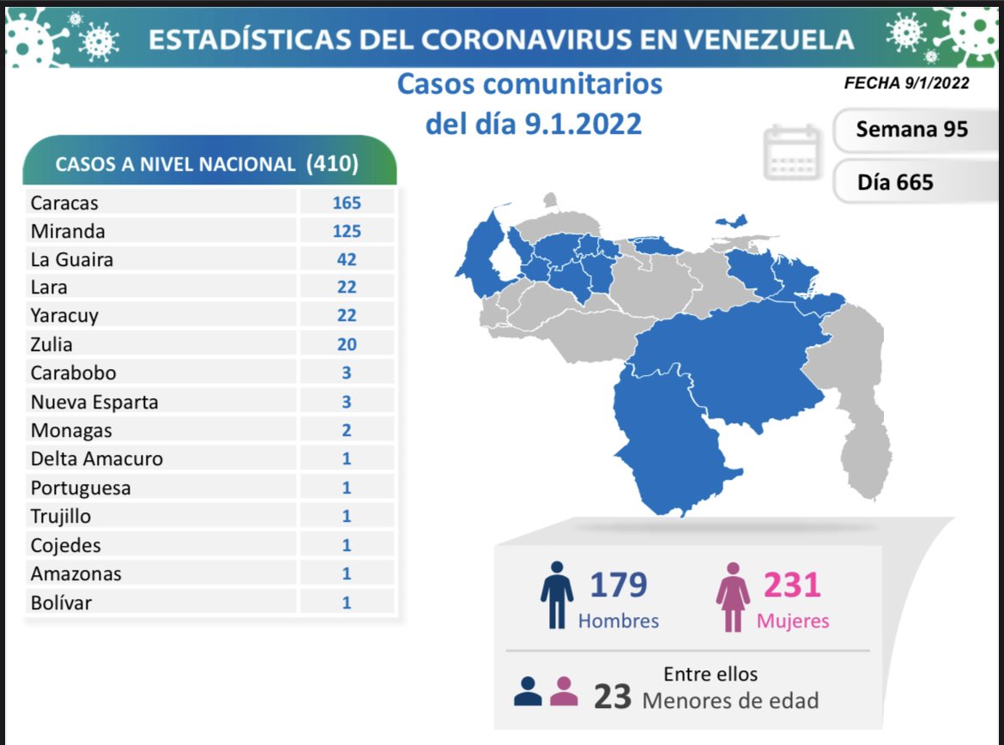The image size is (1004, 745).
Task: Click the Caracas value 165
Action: click(x=347, y=203)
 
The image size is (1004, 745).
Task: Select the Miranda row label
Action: click(x=69, y=231)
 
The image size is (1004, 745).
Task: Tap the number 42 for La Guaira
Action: click(x=347, y=259)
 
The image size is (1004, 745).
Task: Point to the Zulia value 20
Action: click(x=347, y=344)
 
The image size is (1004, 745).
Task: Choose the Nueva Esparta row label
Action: click(x=94, y=402)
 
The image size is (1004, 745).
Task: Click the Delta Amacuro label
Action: click(x=96, y=458)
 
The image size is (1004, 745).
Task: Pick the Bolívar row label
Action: click(x=61, y=603)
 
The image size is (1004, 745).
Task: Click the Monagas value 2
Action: click(x=347, y=430)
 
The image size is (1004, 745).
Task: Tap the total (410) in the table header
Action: click(x=332, y=164)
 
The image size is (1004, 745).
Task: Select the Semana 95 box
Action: click(x=911, y=130)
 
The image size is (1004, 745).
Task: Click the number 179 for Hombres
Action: click(x=618, y=584)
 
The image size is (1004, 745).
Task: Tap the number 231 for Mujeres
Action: click(x=791, y=584)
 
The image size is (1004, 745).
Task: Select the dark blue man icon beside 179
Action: click(x=556, y=595)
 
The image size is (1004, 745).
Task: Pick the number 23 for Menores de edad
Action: click(x=613, y=697)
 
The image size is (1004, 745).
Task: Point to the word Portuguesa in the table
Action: click(x=81, y=488)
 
